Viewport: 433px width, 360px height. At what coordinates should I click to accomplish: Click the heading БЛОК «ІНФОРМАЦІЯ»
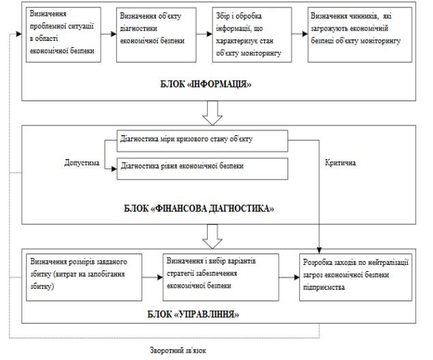[206, 84]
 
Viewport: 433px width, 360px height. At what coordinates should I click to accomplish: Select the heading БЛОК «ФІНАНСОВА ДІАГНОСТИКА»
[199, 208]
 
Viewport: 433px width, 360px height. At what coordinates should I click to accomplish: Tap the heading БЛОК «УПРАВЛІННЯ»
[193, 314]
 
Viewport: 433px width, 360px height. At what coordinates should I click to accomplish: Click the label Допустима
[82, 163]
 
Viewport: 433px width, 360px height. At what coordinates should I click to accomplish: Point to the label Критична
[340, 163]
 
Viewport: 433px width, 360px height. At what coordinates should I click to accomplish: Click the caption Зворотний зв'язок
[178, 350]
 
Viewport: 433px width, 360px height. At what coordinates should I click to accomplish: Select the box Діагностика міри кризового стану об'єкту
[202, 141]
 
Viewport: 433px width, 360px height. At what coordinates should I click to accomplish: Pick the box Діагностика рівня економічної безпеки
[202, 169]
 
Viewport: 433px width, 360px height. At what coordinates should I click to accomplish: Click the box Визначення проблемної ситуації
[64, 35]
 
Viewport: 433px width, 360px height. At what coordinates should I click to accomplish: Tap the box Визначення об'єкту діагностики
[156, 35]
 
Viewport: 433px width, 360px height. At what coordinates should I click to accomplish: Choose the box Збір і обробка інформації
[252, 35]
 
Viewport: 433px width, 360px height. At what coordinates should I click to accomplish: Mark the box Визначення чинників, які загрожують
[360, 35]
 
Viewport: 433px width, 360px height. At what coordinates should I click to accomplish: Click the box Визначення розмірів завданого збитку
[84, 277]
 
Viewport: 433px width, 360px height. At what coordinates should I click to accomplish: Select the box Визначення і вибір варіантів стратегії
[221, 277]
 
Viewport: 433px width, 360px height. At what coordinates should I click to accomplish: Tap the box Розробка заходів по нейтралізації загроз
[356, 277]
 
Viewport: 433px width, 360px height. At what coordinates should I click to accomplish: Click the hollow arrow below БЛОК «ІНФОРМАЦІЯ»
[212, 113]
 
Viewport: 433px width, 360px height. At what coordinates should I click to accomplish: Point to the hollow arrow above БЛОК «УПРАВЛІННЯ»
[212, 236]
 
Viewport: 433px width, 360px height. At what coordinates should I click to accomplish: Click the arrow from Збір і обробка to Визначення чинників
[300, 34]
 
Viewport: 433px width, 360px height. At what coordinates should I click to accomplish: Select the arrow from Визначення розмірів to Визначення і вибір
[152, 277]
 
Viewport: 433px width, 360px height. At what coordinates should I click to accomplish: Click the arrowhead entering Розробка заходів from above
[319, 250]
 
